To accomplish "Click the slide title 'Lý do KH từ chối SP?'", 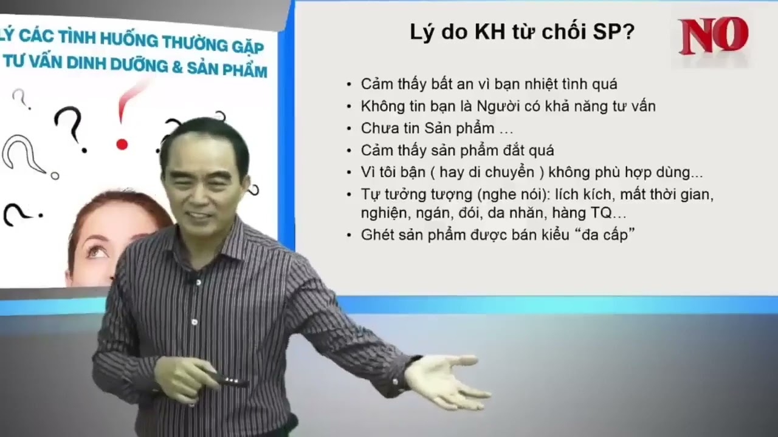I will (x=522, y=32).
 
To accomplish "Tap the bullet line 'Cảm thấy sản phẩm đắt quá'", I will (x=457, y=150).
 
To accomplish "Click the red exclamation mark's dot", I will (x=122, y=144).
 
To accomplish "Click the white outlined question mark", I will (x=24, y=155).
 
